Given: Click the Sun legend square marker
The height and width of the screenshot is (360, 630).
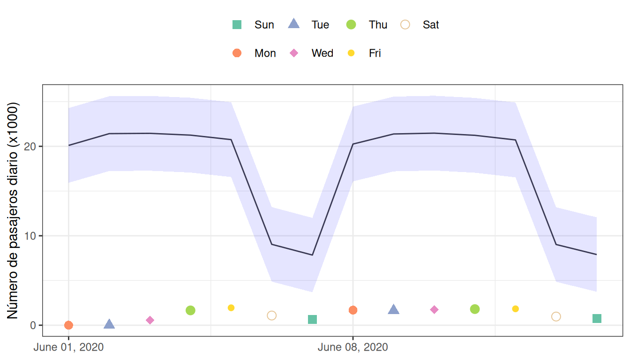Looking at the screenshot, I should coord(237,25).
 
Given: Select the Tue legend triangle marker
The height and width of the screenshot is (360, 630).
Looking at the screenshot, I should coord(293,24).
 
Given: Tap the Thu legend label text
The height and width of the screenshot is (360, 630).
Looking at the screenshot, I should coord(378,25).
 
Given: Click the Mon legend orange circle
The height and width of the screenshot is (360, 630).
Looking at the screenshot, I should coord(237,53).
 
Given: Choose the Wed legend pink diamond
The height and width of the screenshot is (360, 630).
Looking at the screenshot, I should coord(294,53).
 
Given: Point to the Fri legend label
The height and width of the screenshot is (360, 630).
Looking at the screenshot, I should coord(375,53).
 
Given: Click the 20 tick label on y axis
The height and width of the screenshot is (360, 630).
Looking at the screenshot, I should coord(30,146).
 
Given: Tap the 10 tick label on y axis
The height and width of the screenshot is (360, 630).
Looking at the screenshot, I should coord(30,236).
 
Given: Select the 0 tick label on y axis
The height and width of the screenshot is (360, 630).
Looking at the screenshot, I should coord(33,325).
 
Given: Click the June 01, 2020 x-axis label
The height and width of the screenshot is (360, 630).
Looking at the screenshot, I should coord(68,347).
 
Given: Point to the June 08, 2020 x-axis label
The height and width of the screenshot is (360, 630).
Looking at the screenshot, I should coord(353,347).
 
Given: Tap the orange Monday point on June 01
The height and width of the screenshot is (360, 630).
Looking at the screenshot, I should coord(68,325).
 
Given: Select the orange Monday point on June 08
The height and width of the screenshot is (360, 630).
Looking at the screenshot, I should coord(353,310).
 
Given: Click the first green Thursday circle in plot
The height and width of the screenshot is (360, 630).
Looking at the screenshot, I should coord(190,310).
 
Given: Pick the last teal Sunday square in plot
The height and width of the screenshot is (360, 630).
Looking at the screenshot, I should coord(597,319).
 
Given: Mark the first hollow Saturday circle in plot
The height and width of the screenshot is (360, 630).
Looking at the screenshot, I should coord(271,315).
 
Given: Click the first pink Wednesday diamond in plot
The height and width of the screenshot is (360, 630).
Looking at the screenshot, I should coord(150,320).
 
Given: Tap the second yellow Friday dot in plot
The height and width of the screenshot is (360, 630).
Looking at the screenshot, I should coord(516,309).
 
